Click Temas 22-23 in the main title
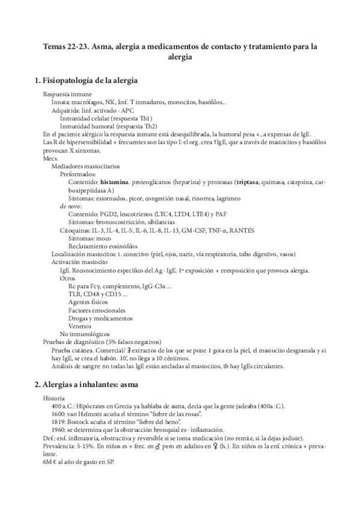pos(64,46)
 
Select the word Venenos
pos(81,326)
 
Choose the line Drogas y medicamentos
pos(99,318)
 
